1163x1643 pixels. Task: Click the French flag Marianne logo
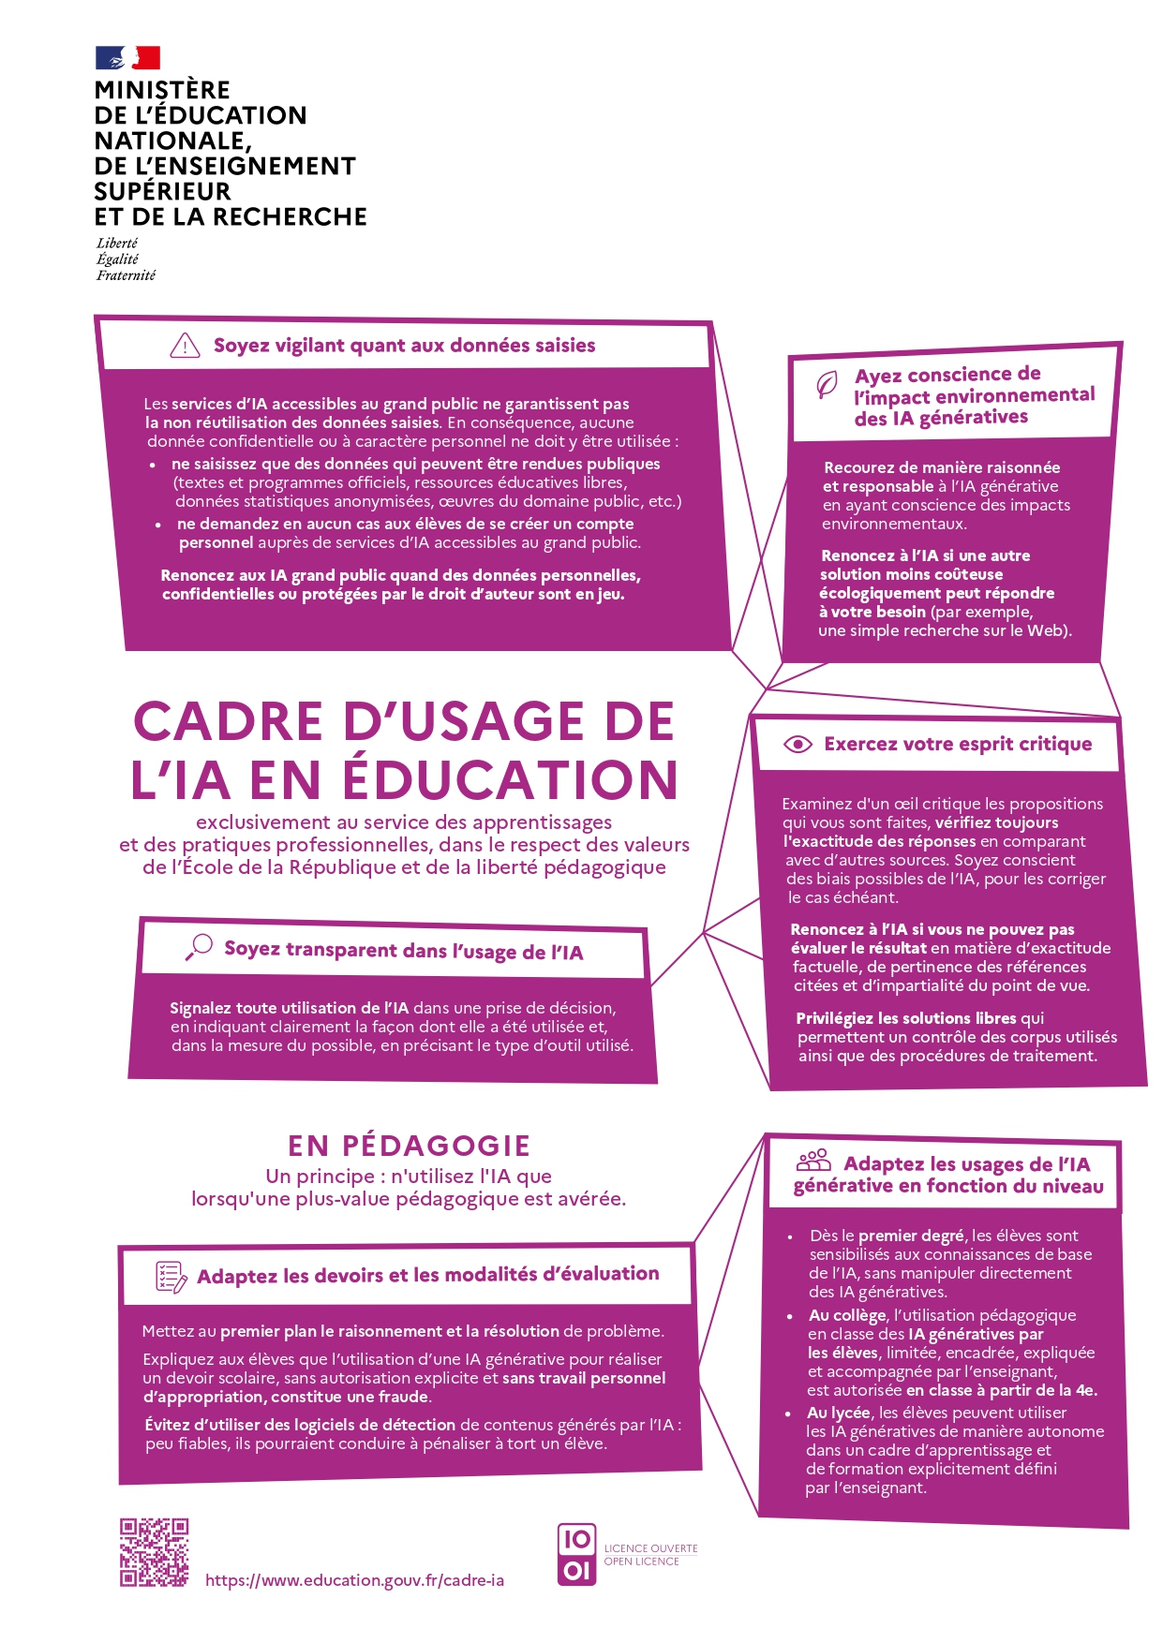tap(127, 58)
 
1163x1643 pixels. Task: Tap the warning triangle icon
tap(185, 346)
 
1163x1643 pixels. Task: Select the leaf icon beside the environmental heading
tap(826, 385)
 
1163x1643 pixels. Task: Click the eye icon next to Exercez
tap(798, 744)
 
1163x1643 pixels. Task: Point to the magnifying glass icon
tap(199, 947)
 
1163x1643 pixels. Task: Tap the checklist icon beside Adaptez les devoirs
tap(171, 1276)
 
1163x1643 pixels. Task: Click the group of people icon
tap(813, 1162)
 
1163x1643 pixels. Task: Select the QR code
tap(154, 1552)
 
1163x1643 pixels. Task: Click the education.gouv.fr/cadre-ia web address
tap(354, 1580)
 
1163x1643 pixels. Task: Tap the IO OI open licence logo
tap(576, 1554)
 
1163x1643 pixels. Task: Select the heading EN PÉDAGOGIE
tap(409, 1146)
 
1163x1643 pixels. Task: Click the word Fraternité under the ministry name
tap(126, 275)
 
